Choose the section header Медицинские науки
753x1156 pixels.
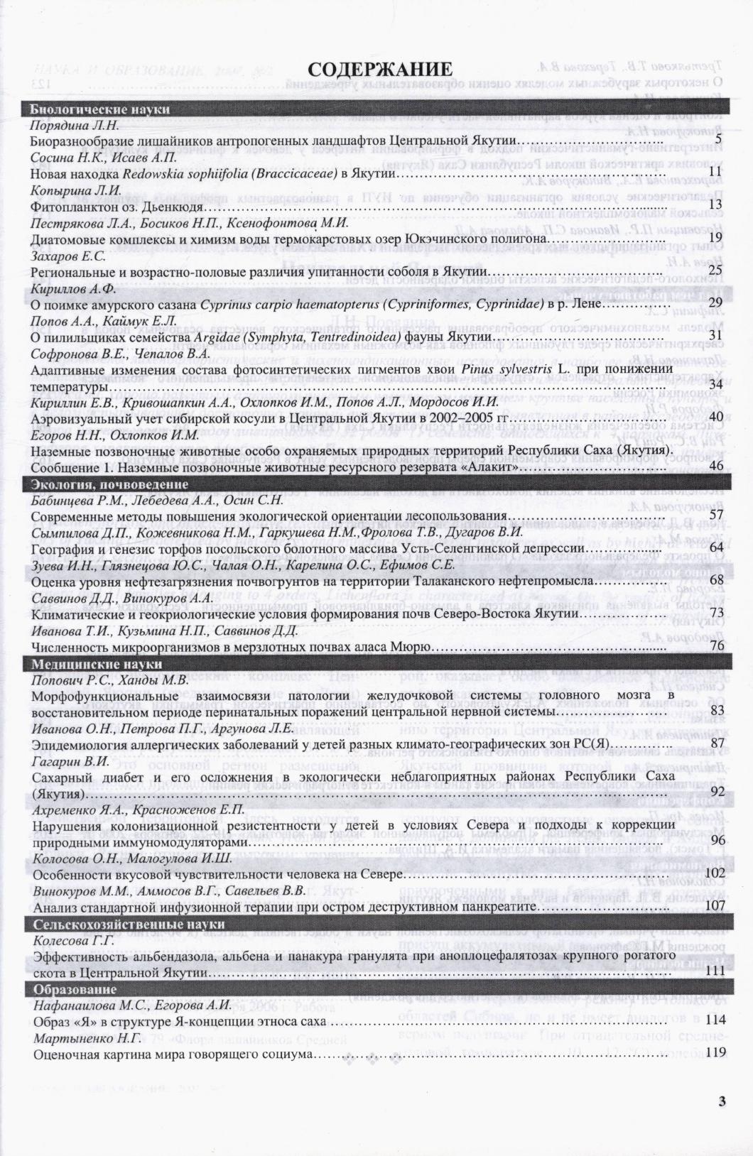click(97, 664)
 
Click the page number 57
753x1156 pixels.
click(716, 515)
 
